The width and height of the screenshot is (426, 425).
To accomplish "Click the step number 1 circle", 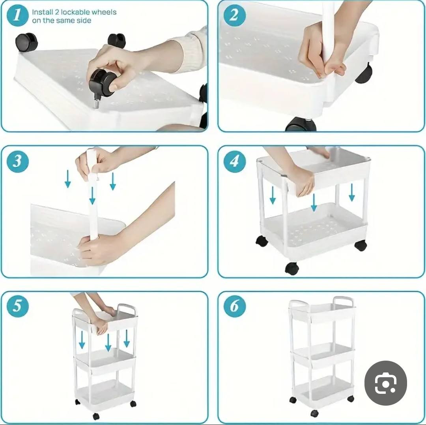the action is click(x=17, y=15).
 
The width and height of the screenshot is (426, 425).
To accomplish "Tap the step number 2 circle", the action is click(x=234, y=15).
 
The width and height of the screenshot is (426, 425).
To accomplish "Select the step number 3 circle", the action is click(x=17, y=161).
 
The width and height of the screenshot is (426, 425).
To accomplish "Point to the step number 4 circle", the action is click(x=234, y=161).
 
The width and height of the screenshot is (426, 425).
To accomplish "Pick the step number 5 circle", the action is click(x=17, y=306).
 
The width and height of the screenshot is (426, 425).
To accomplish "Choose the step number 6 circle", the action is click(x=234, y=306).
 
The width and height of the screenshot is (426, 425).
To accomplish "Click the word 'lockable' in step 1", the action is click(x=75, y=12).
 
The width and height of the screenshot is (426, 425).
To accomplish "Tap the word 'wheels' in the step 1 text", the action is click(x=104, y=12).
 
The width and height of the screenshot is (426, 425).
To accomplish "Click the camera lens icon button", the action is click(x=385, y=383).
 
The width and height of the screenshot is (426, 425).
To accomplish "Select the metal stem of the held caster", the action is click(x=96, y=104).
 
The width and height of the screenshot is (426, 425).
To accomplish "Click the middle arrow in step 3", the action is click(x=92, y=196).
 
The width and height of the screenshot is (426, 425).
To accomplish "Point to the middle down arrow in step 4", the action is click(x=314, y=203).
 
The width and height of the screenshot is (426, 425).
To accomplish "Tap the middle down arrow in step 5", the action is click(x=108, y=342).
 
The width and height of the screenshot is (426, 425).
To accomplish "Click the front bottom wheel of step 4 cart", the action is click(x=292, y=269).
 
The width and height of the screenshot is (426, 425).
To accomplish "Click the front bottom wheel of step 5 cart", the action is click(x=96, y=416).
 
